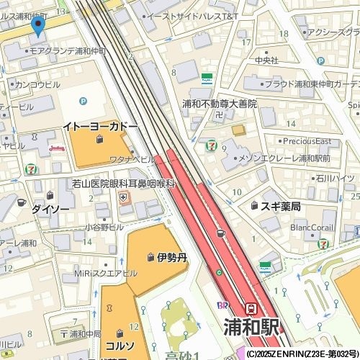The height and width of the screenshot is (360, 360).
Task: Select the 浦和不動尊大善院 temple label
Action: [x=219, y=104]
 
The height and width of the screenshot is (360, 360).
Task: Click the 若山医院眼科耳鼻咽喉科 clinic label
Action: [x=124, y=184]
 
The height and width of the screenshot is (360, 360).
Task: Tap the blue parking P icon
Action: [x=83, y=101]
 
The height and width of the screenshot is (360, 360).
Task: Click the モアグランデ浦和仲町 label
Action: [x=69, y=51]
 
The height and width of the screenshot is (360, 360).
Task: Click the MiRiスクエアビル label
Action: [x=109, y=274]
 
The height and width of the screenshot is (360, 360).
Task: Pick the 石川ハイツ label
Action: [x=334, y=178]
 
